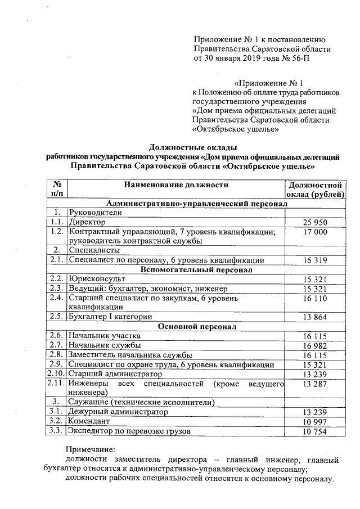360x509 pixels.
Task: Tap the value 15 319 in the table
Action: [314, 260]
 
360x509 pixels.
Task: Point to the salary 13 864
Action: [314, 317]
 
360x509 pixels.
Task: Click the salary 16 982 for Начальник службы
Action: [314, 345]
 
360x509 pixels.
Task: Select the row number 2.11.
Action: [56, 383]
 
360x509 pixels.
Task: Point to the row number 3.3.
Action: [56, 431]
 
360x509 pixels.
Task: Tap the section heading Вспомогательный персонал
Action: [196, 269]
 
